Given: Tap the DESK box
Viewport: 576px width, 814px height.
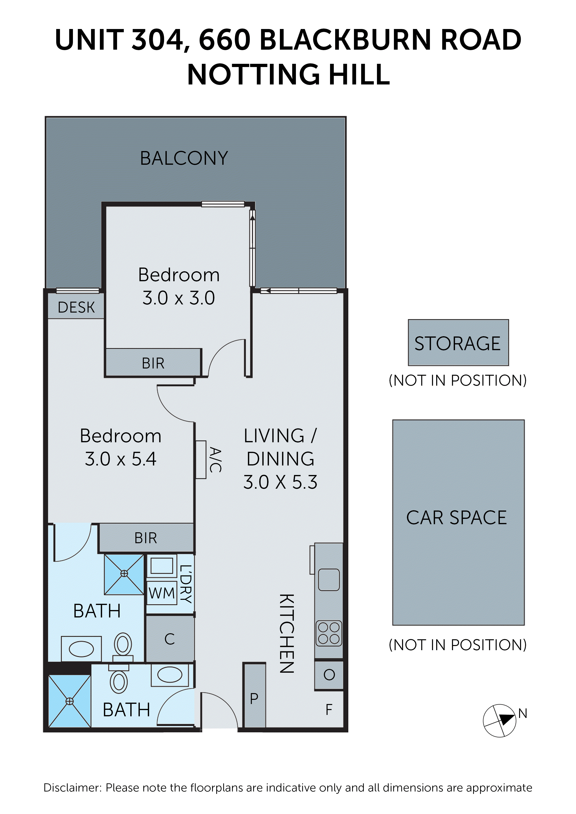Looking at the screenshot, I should (x=76, y=307).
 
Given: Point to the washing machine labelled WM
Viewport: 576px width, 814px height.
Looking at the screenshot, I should (x=161, y=593).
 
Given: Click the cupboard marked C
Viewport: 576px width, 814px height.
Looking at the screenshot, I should (x=170, y=639).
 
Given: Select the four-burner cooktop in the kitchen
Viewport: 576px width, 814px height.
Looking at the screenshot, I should (x=329, y=633).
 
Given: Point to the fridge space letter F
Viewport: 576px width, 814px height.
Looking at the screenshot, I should (x=329, y=710).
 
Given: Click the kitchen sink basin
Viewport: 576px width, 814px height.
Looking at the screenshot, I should (x=329, y=579).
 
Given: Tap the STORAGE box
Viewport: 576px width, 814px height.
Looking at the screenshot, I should (x=458, y=343).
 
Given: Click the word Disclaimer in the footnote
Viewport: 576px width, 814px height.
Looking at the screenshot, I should (x=72, y=788).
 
